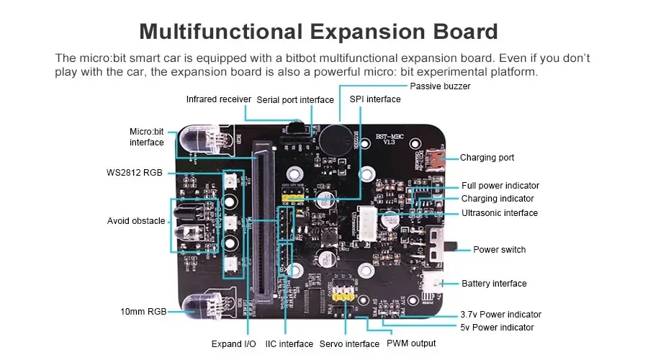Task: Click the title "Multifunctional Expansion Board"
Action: click(318, 32)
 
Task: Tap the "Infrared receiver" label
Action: click(218, 99)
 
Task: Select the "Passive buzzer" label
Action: click(440, 86)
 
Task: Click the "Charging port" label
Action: click(487, 158)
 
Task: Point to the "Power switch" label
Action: click(499, 250)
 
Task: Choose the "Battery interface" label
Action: click(494, 284)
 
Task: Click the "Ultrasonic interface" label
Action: click(500, 213)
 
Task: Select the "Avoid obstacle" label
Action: click(136, 221)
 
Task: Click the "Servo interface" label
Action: click(349, 344)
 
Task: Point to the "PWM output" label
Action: click(411, 343)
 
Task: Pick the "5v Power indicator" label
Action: click(497, 328)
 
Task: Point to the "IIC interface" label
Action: click(289, 344)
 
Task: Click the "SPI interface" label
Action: click(374, 99)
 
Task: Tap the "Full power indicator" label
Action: click(500, 186)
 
